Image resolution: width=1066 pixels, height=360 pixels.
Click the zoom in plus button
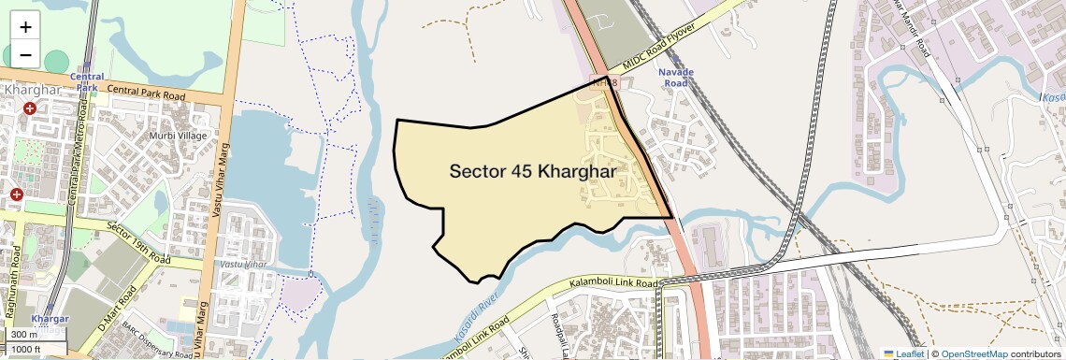pos(25,26)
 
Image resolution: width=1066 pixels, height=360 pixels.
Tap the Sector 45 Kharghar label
pos(532,172)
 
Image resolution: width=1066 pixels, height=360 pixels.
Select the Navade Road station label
pos(675,77)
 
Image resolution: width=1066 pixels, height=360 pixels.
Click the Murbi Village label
pos(178,136)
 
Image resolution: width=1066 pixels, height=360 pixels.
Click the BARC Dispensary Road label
pos(150,348)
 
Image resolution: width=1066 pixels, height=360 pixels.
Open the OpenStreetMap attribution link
pos(973,353)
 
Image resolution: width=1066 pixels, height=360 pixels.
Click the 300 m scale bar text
pos(25,334)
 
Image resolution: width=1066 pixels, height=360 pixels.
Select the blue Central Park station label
pos(87,82)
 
